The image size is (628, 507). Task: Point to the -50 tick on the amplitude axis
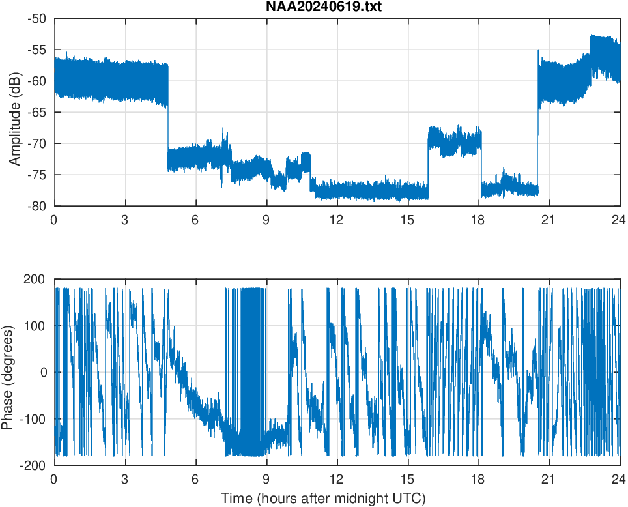pyautogui.click(x=36, y=19)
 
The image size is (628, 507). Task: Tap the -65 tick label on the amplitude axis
pyautogui.click(x=36, y=112)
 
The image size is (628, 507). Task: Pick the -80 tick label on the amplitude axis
pyautogui.click(x=36, y=206)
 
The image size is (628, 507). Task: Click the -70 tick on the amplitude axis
pyautogui.click(x=36, y=143)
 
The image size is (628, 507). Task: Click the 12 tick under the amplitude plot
pyautogui.click(x=337, y=220)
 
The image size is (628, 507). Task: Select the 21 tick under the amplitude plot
pyautogui.click(x=549, y=220)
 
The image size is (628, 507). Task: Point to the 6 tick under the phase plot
pyautogui.click(x=195, y=479)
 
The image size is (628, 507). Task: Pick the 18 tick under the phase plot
pyautogui.click(x=478, y=479)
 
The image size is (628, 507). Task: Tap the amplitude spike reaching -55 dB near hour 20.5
pyautogui.click(x=538, y=51)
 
